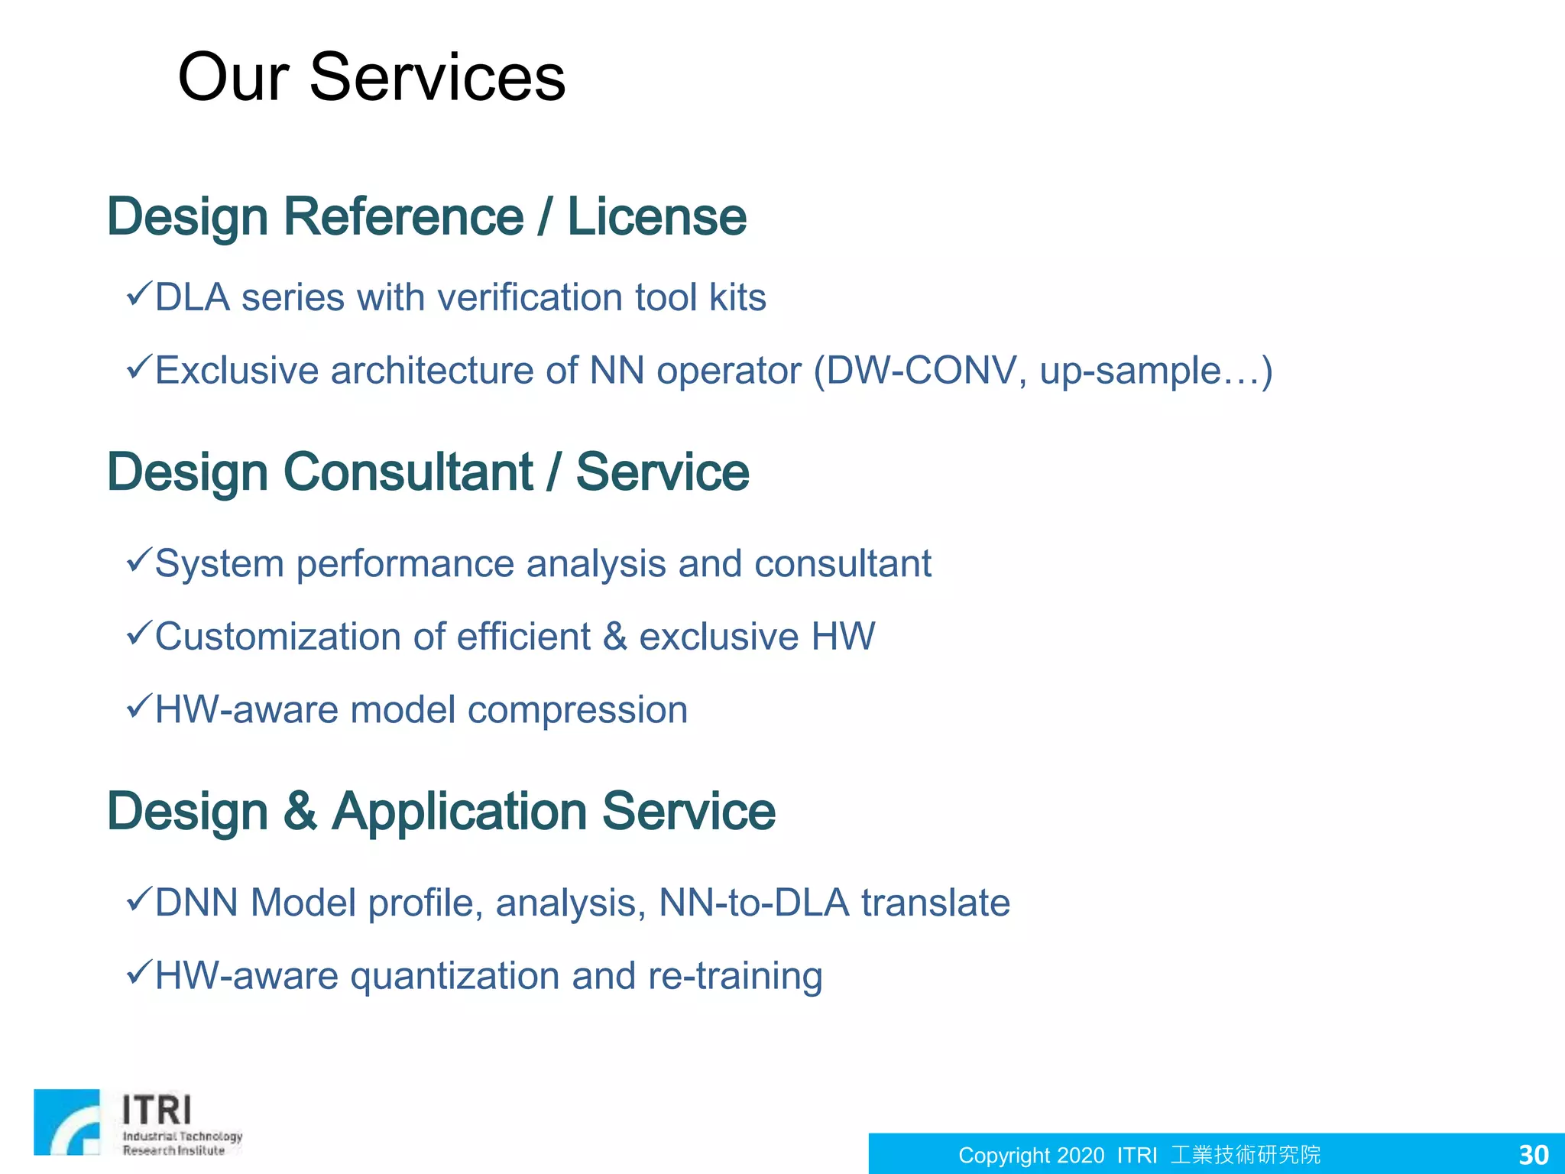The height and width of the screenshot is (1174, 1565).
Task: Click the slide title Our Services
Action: click(x=371, y=77)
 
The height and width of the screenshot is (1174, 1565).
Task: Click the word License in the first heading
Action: click(x=656, y=217)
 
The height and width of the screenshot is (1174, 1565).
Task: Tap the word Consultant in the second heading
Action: click(x=408, y=472)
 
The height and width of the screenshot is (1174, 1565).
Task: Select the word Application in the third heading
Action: click(x=459, y=812)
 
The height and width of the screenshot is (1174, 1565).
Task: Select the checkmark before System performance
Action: click(x=139, y=560)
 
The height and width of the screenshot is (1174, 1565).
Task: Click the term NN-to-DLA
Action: click(x=753, y=903)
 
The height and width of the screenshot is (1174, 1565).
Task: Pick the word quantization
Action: click(x=455, y=977)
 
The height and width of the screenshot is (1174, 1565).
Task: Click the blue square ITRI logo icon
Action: click(x=67, y=1122)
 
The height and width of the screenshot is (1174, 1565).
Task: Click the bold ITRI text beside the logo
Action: click(x=157, y=1110)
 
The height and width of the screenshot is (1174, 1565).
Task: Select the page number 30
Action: click(x=1533, y=1154)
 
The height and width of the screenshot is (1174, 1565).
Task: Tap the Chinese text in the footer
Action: click(x=1246, y=1154)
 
